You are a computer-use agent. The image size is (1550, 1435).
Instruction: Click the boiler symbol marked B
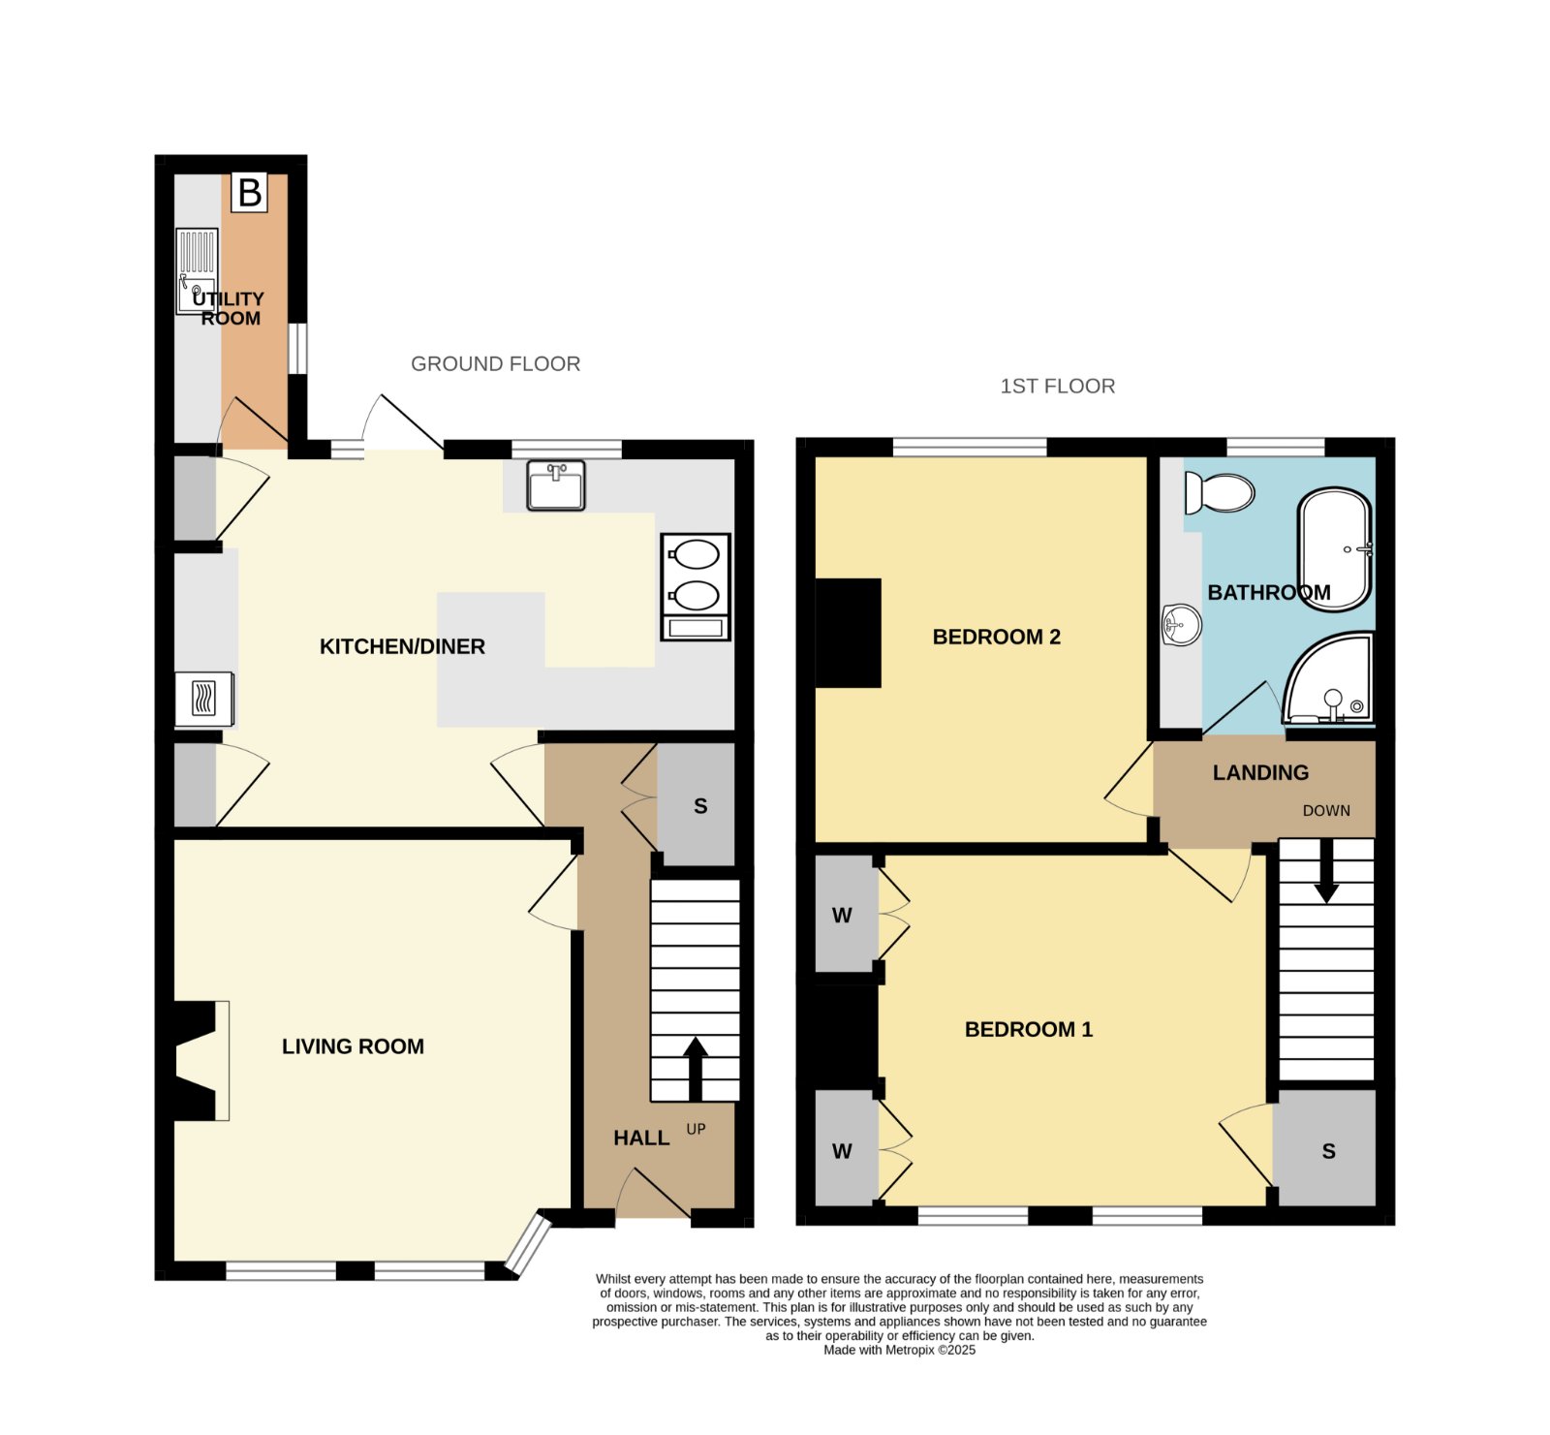pos(249,193)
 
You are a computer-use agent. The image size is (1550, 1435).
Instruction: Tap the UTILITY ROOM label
pos(229,308)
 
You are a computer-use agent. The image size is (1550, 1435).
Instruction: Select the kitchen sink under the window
pos(556,485)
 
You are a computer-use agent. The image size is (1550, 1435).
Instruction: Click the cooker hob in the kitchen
pos(696,587)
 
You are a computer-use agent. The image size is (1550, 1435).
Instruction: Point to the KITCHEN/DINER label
pos(402,646)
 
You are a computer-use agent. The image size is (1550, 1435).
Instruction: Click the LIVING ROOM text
pos(353,1046)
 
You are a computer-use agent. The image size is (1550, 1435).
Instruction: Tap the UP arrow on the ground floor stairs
pos(696,1070)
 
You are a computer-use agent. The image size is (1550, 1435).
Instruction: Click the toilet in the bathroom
pos(1219,492)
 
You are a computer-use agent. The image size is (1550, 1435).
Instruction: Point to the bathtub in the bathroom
pos(1335,549)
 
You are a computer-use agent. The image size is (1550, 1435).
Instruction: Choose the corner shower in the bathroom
pos(1329,678)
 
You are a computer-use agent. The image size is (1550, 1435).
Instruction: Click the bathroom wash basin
pos(1181,624)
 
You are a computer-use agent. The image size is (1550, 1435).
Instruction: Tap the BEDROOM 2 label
pos(996,637)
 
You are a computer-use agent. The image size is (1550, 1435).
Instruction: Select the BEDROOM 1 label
pos(1029,1029)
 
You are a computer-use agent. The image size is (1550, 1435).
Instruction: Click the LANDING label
pos(1260,772)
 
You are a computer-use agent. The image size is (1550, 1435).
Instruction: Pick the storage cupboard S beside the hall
pos(697,804)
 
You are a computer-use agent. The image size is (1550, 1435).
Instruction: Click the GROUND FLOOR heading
pos(496,363)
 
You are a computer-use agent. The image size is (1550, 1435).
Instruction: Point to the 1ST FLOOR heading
pos(1058,386)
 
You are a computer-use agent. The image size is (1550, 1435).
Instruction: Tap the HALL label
pos(641,1138)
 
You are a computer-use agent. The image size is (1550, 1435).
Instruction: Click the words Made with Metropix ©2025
pos(900,1350)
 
